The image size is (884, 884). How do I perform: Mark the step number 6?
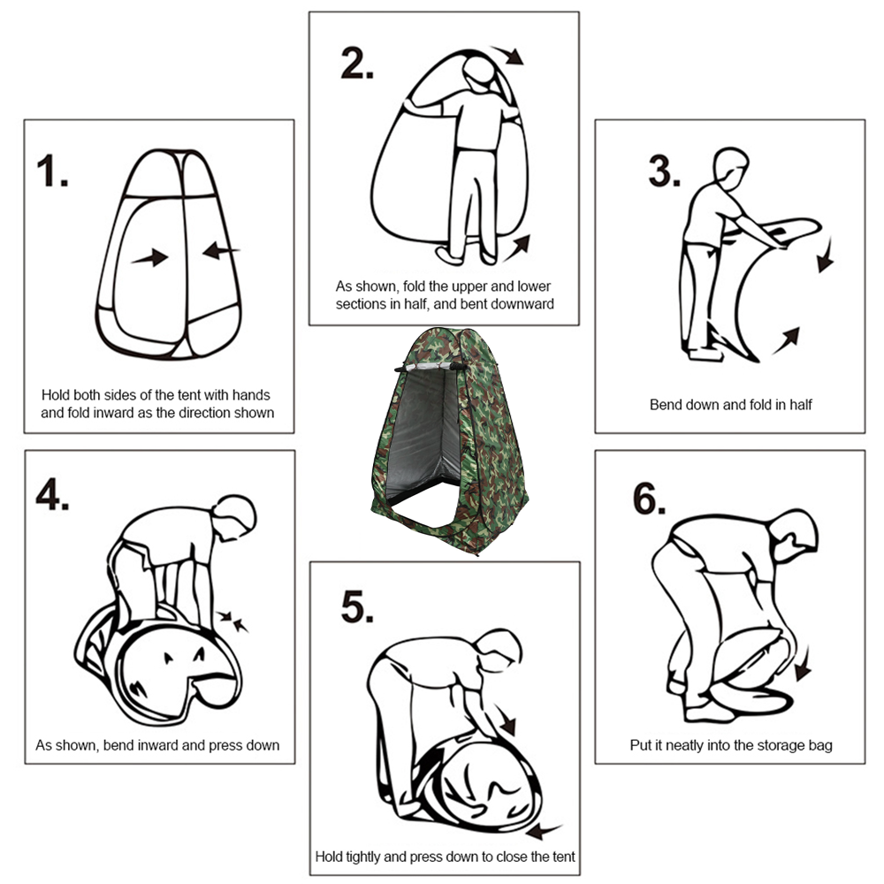pos(647,500)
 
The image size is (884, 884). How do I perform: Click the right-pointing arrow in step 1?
pos(149,257)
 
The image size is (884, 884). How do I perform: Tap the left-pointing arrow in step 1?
pos(220,252)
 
